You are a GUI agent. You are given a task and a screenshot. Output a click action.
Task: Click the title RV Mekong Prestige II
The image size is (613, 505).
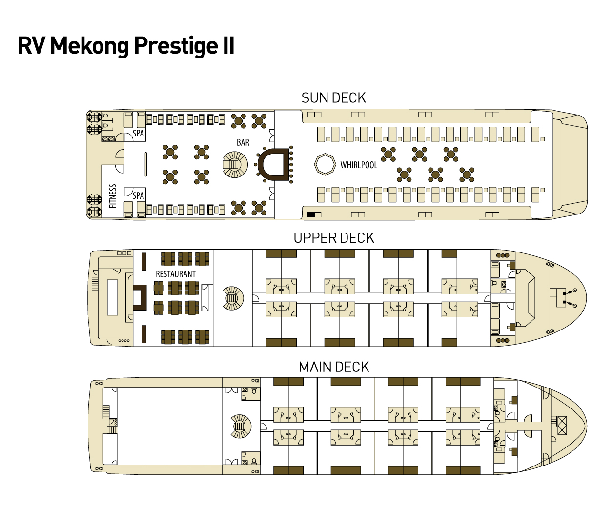pos(126,46)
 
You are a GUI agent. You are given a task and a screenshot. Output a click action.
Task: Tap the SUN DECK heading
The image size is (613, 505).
pos(333,98)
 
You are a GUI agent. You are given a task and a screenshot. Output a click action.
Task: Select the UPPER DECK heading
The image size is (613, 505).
pos(334,238)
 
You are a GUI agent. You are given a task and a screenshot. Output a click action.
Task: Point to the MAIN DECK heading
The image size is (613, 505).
pos(334,367)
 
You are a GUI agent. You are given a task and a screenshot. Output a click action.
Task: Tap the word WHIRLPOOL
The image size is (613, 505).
pos(359,165)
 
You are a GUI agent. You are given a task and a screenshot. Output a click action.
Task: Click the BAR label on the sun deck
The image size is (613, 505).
pos(243,142)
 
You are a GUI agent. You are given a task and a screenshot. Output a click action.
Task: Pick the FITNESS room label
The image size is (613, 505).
pos(113,196)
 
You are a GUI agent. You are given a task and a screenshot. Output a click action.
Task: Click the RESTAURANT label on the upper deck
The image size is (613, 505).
pos(176,274)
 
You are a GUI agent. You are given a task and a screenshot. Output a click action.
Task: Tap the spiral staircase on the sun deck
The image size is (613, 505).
pos(235,165)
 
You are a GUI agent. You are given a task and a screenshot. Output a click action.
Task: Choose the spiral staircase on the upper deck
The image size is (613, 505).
pos(233,298)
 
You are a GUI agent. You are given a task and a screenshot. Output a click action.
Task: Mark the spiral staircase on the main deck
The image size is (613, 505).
pos(241,427)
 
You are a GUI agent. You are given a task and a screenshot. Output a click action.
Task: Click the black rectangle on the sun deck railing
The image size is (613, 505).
pos(311,214)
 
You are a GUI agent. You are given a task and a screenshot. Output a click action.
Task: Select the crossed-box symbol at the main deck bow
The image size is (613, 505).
pos(562,426)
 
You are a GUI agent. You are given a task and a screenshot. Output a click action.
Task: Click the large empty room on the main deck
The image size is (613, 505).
pos(169,426)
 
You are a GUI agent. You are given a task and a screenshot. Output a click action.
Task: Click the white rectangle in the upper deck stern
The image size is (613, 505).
pos(112,297)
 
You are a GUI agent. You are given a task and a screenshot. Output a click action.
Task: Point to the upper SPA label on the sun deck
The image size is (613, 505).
pos(138,134)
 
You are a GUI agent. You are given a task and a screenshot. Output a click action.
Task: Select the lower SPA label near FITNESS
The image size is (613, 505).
pos(138,195)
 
